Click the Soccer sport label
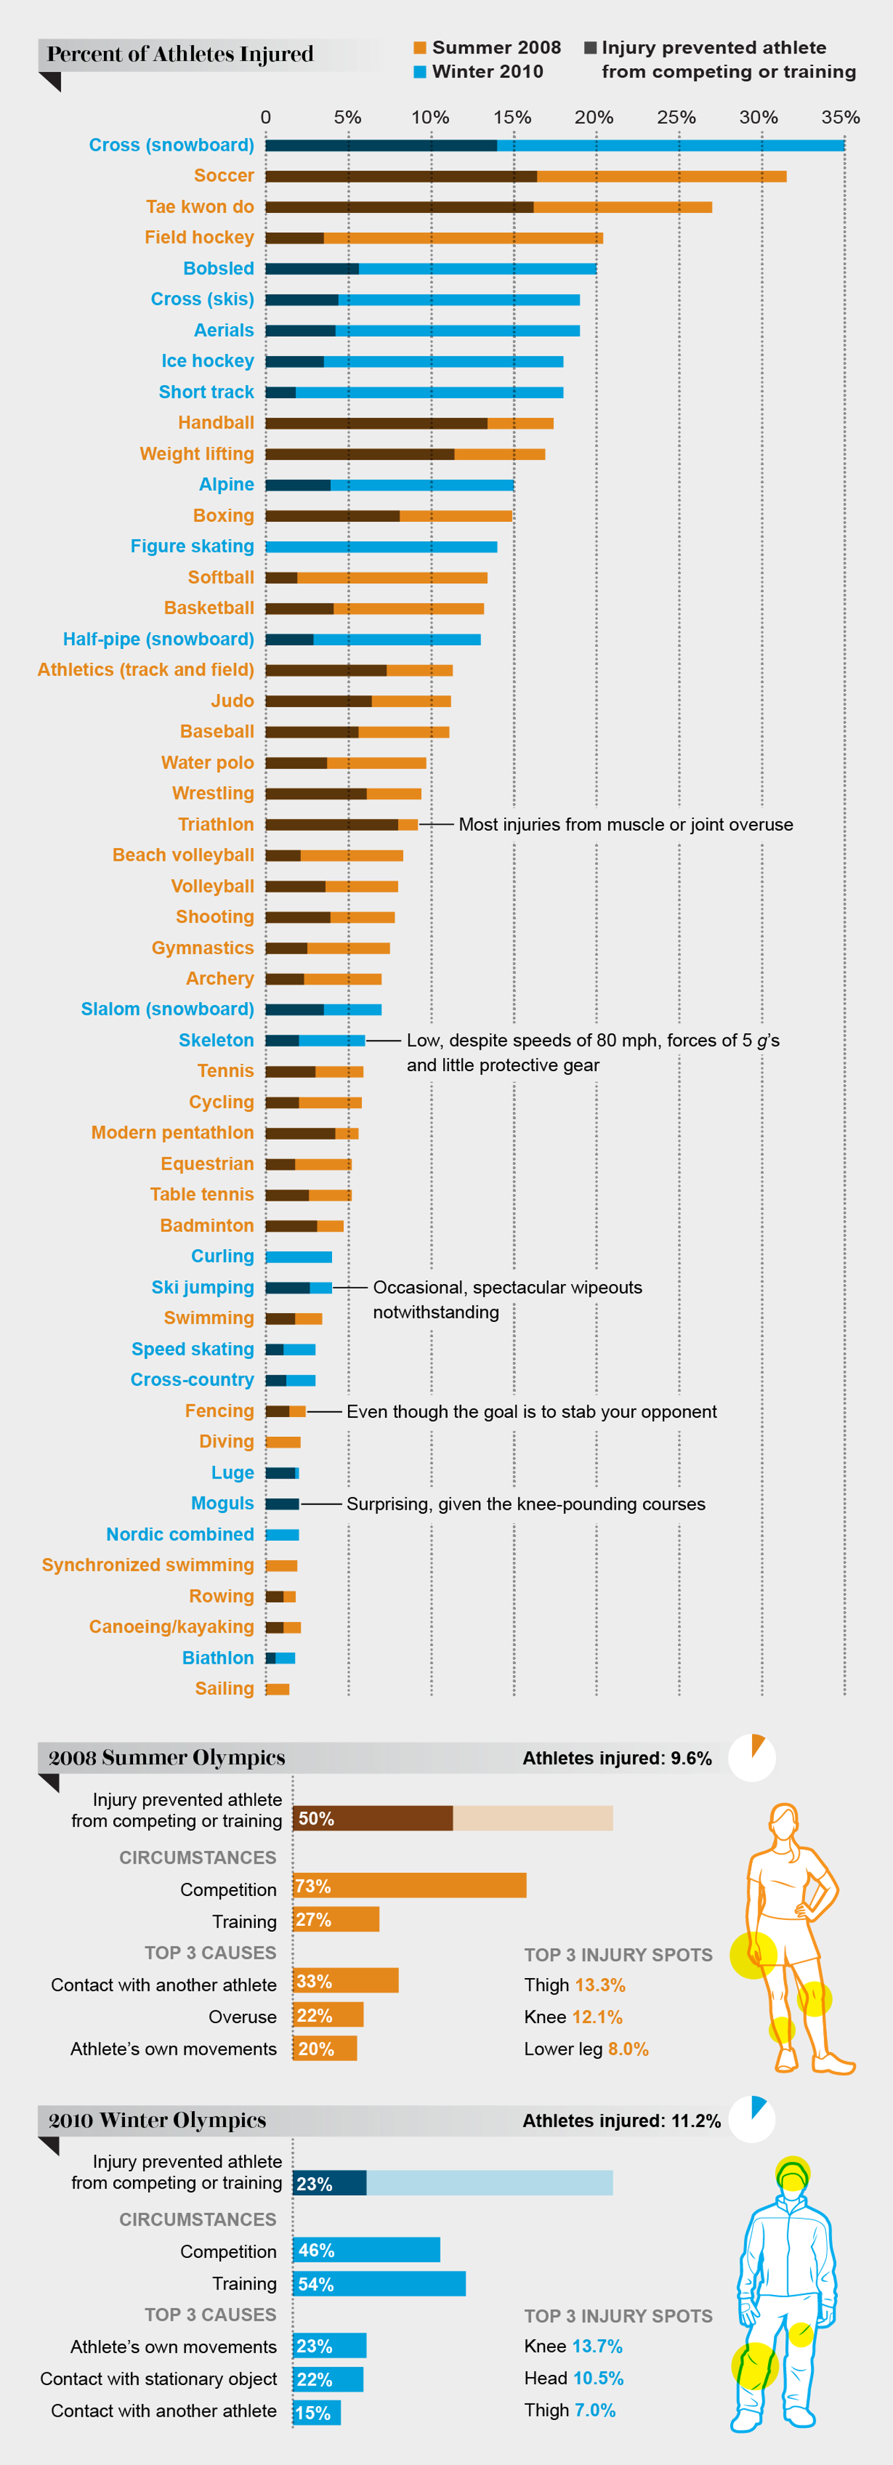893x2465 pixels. pos(224,176)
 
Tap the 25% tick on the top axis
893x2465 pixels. pos(676,118)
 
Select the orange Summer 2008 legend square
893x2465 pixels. pos(419,48)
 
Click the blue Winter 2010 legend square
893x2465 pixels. pos(419,71)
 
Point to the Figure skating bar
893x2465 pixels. pos(381,546)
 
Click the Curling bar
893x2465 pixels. pos(298,1256)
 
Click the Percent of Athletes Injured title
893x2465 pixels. pos(180,54)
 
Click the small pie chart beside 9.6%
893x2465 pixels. pos(751,1758)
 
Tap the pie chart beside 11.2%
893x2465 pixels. pos(751,2120)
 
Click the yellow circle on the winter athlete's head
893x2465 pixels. pos(792,2174)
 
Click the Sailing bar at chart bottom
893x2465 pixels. pos(278,1689)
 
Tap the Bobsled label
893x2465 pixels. pos(219,269)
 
